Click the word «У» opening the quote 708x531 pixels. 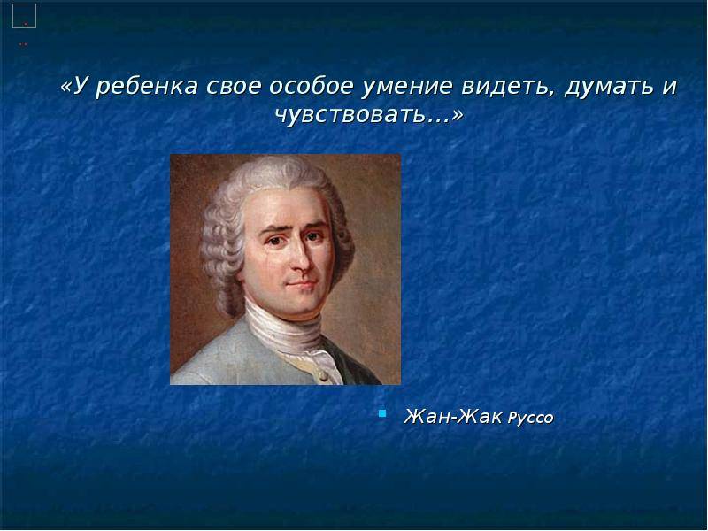(75, 88)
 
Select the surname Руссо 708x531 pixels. (530, 417)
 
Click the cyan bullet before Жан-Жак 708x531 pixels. (382, 412)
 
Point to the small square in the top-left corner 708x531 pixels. (24, 15)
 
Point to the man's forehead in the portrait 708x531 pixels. (292, 199)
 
